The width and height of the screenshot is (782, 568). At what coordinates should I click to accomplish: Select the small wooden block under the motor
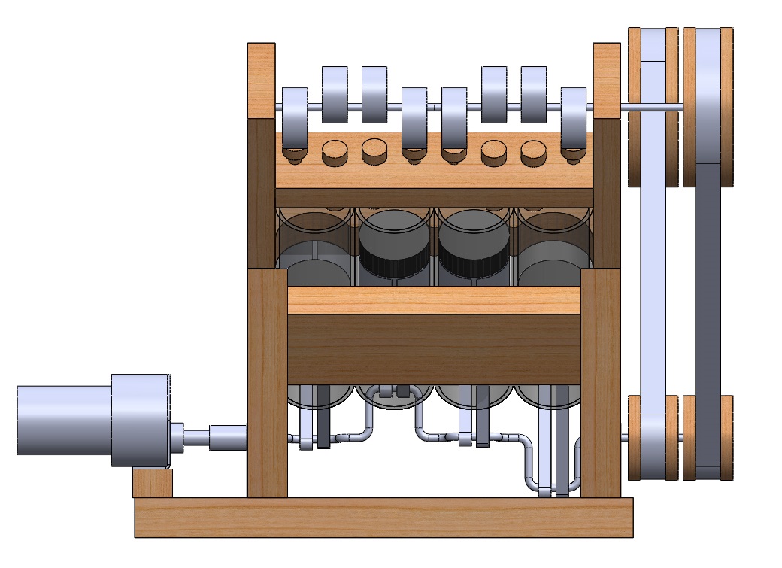point(153,482)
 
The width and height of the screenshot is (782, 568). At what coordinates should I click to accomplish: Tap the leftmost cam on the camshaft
point(295,118)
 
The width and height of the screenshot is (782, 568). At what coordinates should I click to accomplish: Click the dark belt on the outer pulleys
point(708,301)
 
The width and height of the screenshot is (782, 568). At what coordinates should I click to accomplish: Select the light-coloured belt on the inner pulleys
point(654,301)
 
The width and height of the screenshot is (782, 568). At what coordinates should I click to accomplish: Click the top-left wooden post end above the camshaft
point(262,80)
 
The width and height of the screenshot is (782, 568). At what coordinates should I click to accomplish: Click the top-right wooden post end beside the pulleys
point(607,80)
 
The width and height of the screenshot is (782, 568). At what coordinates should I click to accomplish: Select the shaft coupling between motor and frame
point(226,436)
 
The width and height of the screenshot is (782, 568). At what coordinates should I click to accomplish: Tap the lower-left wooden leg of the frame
point(267,384)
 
